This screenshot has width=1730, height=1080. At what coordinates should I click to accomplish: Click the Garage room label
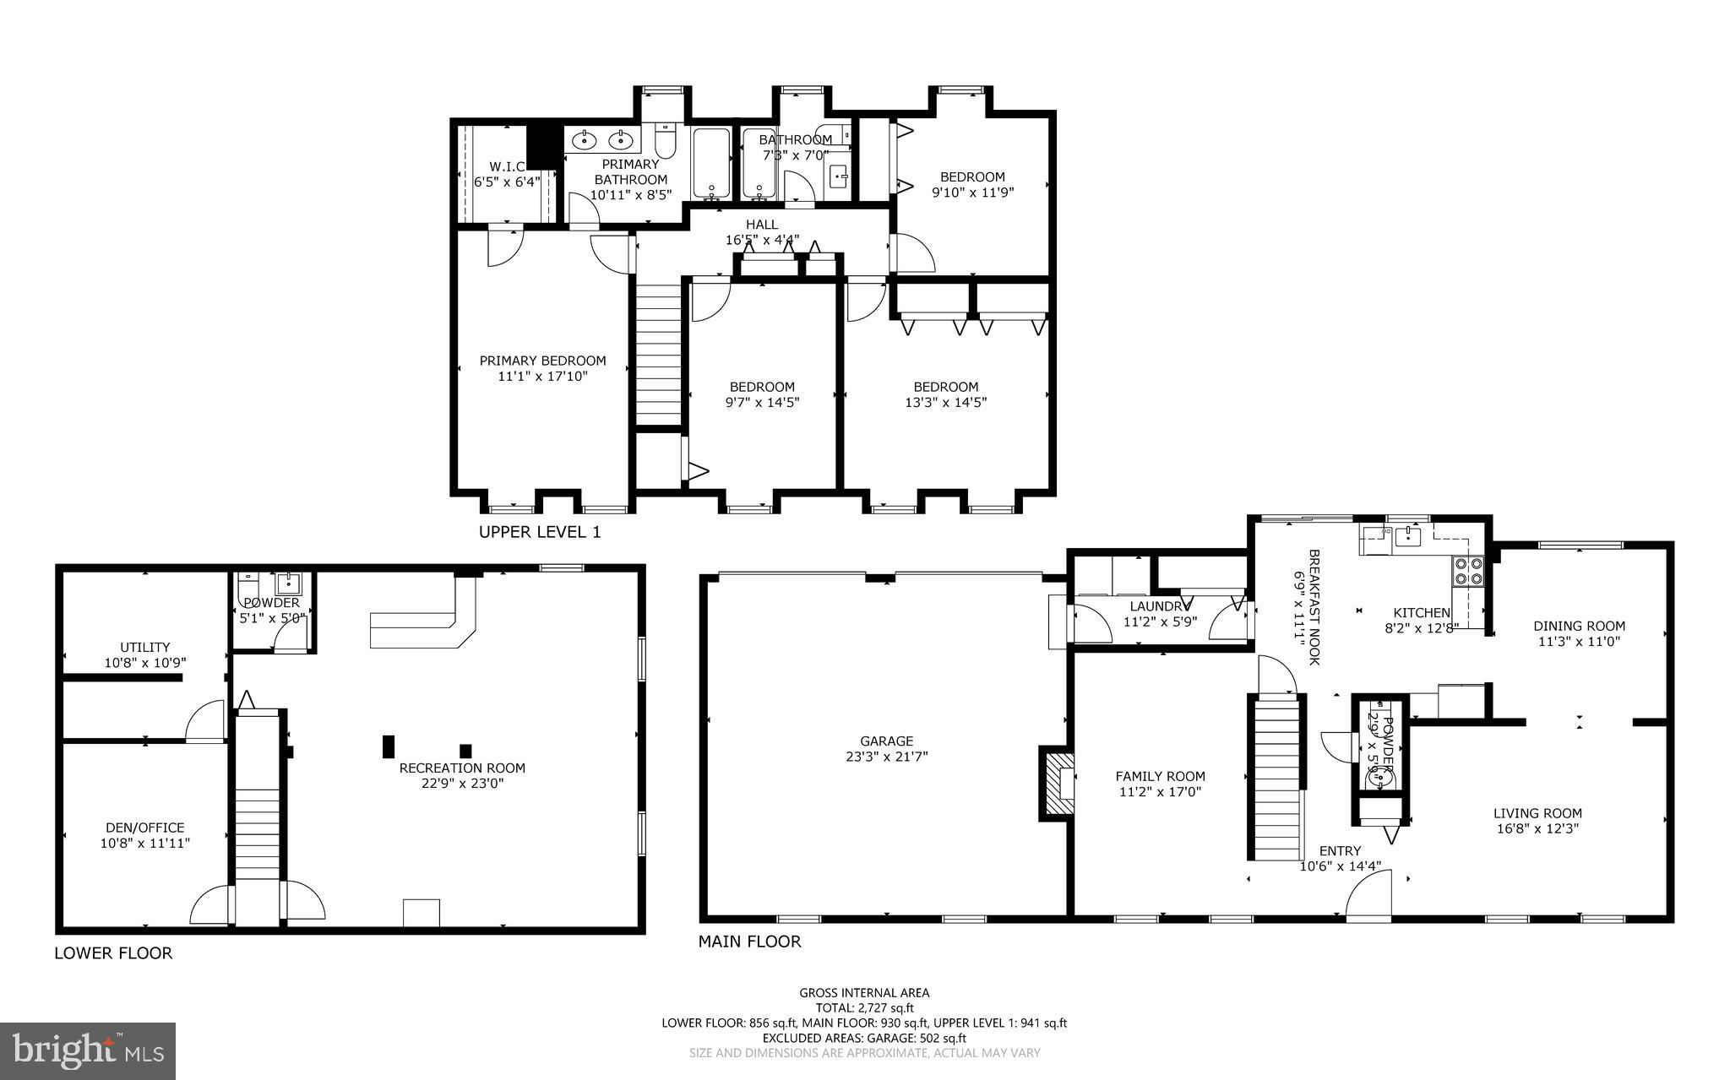(x=887, y=741)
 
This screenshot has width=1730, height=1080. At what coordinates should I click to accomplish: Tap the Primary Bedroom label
(x=542, y=361)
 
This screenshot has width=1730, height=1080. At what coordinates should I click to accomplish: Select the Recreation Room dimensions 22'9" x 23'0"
(x=462, y=783)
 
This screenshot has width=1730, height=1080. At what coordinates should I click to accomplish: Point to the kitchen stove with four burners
(x=1467, y=571)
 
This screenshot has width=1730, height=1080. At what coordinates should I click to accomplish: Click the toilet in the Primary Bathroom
(x=665, y=141)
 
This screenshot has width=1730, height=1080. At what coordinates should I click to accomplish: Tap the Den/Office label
(x=144, y=828)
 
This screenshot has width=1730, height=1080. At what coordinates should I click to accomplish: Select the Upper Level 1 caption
(x=539, y=532)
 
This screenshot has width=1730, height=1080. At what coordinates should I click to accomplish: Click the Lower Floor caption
(x=113, y=953)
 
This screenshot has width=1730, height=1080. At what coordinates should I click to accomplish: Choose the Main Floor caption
(x=748, y=942)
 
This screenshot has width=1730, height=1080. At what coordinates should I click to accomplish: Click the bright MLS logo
(x=88, y=1050)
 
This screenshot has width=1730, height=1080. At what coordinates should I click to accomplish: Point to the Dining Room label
(x=1579, y=626)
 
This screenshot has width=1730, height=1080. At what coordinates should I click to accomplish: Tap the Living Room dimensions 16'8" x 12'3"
(x=1537, y=828)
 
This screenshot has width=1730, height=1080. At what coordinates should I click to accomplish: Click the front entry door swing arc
(x=1369, y=897)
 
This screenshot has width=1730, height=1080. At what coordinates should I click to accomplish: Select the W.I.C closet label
(x=507, y=166)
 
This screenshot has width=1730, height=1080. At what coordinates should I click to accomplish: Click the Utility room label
(x=144, y=648)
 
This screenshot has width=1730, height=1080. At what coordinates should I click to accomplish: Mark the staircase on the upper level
(x=658, y=355)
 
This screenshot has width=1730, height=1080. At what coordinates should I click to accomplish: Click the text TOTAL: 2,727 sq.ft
(x=863, y=1007)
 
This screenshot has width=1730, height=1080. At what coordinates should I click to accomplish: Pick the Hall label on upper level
(x=761, y=224)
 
